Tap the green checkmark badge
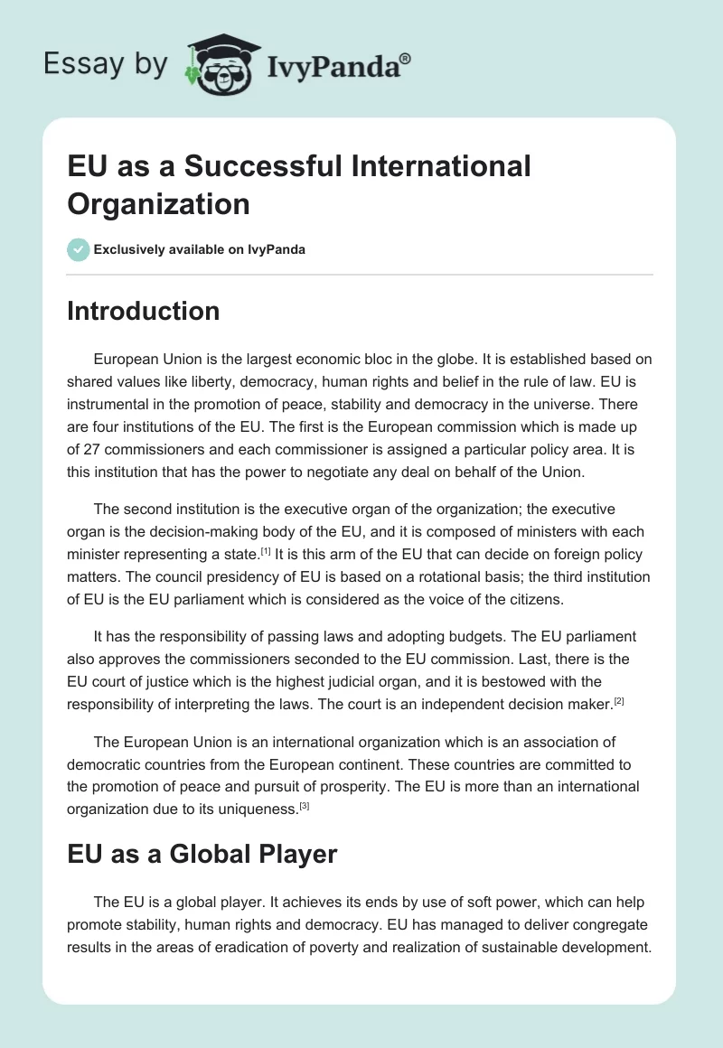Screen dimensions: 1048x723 point(79,249)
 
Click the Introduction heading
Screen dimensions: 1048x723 point(143,311)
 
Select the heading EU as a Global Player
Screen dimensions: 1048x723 point(202,854)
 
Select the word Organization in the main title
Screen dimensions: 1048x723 point(158,204)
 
